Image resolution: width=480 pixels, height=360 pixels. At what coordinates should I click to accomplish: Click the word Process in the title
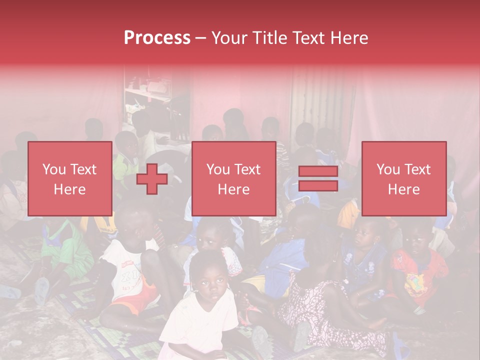pos(157,38)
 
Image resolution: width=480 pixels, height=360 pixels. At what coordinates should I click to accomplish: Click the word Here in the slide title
pos(348,38)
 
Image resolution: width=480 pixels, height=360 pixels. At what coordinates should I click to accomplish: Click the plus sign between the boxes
pos(151,178)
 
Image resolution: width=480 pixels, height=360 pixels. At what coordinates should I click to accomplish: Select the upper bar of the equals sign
pos(318,171)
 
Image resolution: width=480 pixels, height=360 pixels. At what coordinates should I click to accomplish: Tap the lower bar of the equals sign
pos(318,186)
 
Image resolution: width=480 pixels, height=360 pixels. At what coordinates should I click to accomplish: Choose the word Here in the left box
pos(69,189)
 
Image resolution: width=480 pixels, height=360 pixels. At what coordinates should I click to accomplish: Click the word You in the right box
pos(388,169)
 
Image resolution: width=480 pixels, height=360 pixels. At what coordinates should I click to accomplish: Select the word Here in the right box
pos(403,189)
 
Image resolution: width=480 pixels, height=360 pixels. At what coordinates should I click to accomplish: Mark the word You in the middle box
pos(218,169)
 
